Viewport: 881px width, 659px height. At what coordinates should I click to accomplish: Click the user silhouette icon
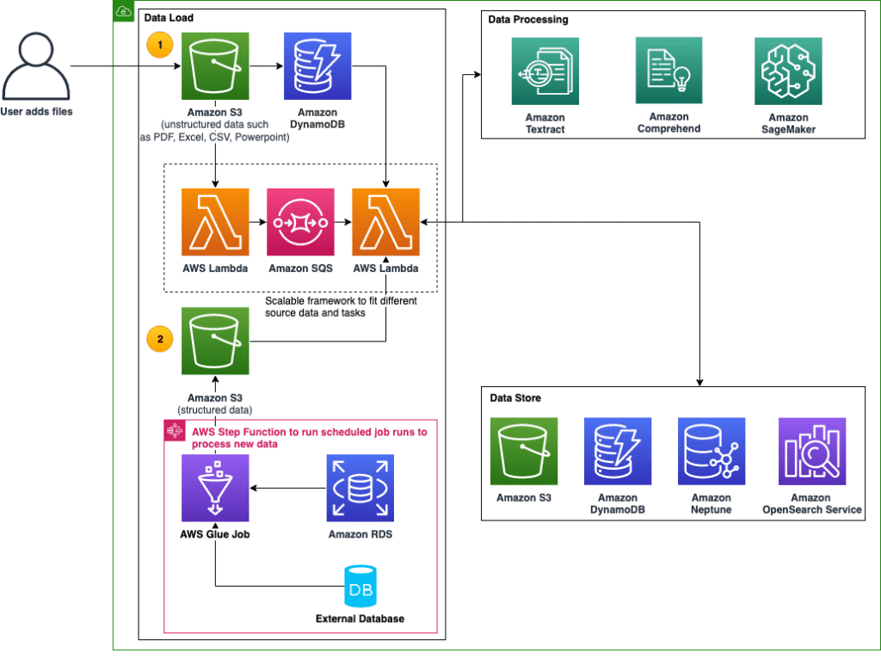click(35, 66)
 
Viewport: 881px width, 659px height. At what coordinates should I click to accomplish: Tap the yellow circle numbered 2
click(159, 338)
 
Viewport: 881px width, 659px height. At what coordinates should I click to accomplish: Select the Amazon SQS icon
click(300, 222)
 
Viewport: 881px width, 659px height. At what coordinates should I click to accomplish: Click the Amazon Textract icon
click(545, 71)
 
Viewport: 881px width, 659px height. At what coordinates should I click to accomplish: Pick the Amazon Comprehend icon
click(668, 71)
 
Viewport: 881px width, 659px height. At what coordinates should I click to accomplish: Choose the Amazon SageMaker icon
click(788, 71)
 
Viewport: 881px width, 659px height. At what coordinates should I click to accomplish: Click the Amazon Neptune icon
click(711, 452)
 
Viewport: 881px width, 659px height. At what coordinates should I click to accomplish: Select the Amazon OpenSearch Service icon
click(811, 452)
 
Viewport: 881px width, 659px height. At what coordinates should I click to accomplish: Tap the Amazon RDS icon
click(360, 489)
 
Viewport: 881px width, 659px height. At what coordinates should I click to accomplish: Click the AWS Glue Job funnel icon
click(215, 489)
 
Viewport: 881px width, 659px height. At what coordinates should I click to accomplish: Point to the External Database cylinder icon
click(359, 587)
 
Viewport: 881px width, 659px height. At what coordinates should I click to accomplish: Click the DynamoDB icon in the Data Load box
click(317, 66)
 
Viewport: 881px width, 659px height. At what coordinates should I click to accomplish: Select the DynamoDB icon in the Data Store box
click(617, 452)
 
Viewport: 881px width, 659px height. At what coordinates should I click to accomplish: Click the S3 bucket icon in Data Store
click(523, 452)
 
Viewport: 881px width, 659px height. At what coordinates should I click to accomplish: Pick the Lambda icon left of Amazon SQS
click(215, 222)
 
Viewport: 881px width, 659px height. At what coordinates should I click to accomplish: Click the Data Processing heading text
click(527, 19)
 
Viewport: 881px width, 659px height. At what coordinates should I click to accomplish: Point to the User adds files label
click(36, 111)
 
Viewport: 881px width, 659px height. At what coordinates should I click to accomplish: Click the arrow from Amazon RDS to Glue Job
click(288, 489)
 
